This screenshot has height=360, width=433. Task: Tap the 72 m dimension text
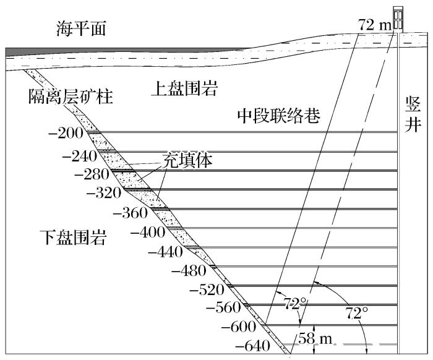click(374, 25)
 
